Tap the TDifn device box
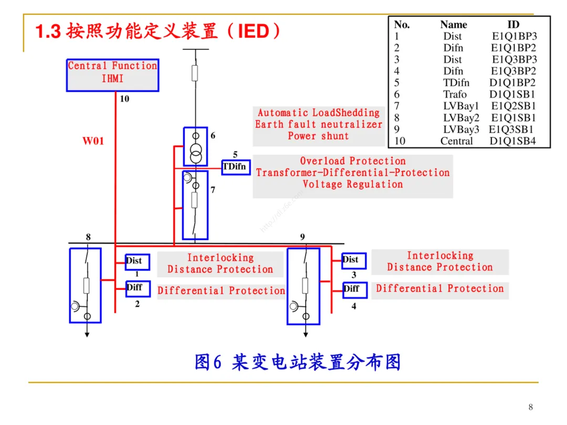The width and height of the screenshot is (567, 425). [236, 167]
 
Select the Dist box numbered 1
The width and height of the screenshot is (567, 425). [138, 262]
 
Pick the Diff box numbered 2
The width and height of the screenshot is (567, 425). [138, 288]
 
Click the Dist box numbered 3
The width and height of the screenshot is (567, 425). [354, 261]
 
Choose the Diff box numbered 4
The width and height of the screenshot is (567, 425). [355, 289]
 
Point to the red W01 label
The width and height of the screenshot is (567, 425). [93, 141]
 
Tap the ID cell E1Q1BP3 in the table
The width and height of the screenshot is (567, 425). [514, 36]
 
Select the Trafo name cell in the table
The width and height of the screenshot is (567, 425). [455, 95]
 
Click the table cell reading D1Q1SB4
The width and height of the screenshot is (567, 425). [512, 141]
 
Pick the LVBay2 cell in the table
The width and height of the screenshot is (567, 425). [461, 118]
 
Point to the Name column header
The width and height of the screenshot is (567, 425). [454, 25]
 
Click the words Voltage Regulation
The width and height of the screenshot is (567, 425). [353, 184]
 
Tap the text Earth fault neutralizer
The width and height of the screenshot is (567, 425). [318, 125]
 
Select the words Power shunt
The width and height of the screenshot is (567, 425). [318, 136]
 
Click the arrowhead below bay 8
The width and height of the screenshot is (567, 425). [87, 335]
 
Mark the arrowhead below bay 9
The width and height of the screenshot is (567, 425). [306, 335]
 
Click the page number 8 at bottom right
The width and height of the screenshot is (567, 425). [530, 407]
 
